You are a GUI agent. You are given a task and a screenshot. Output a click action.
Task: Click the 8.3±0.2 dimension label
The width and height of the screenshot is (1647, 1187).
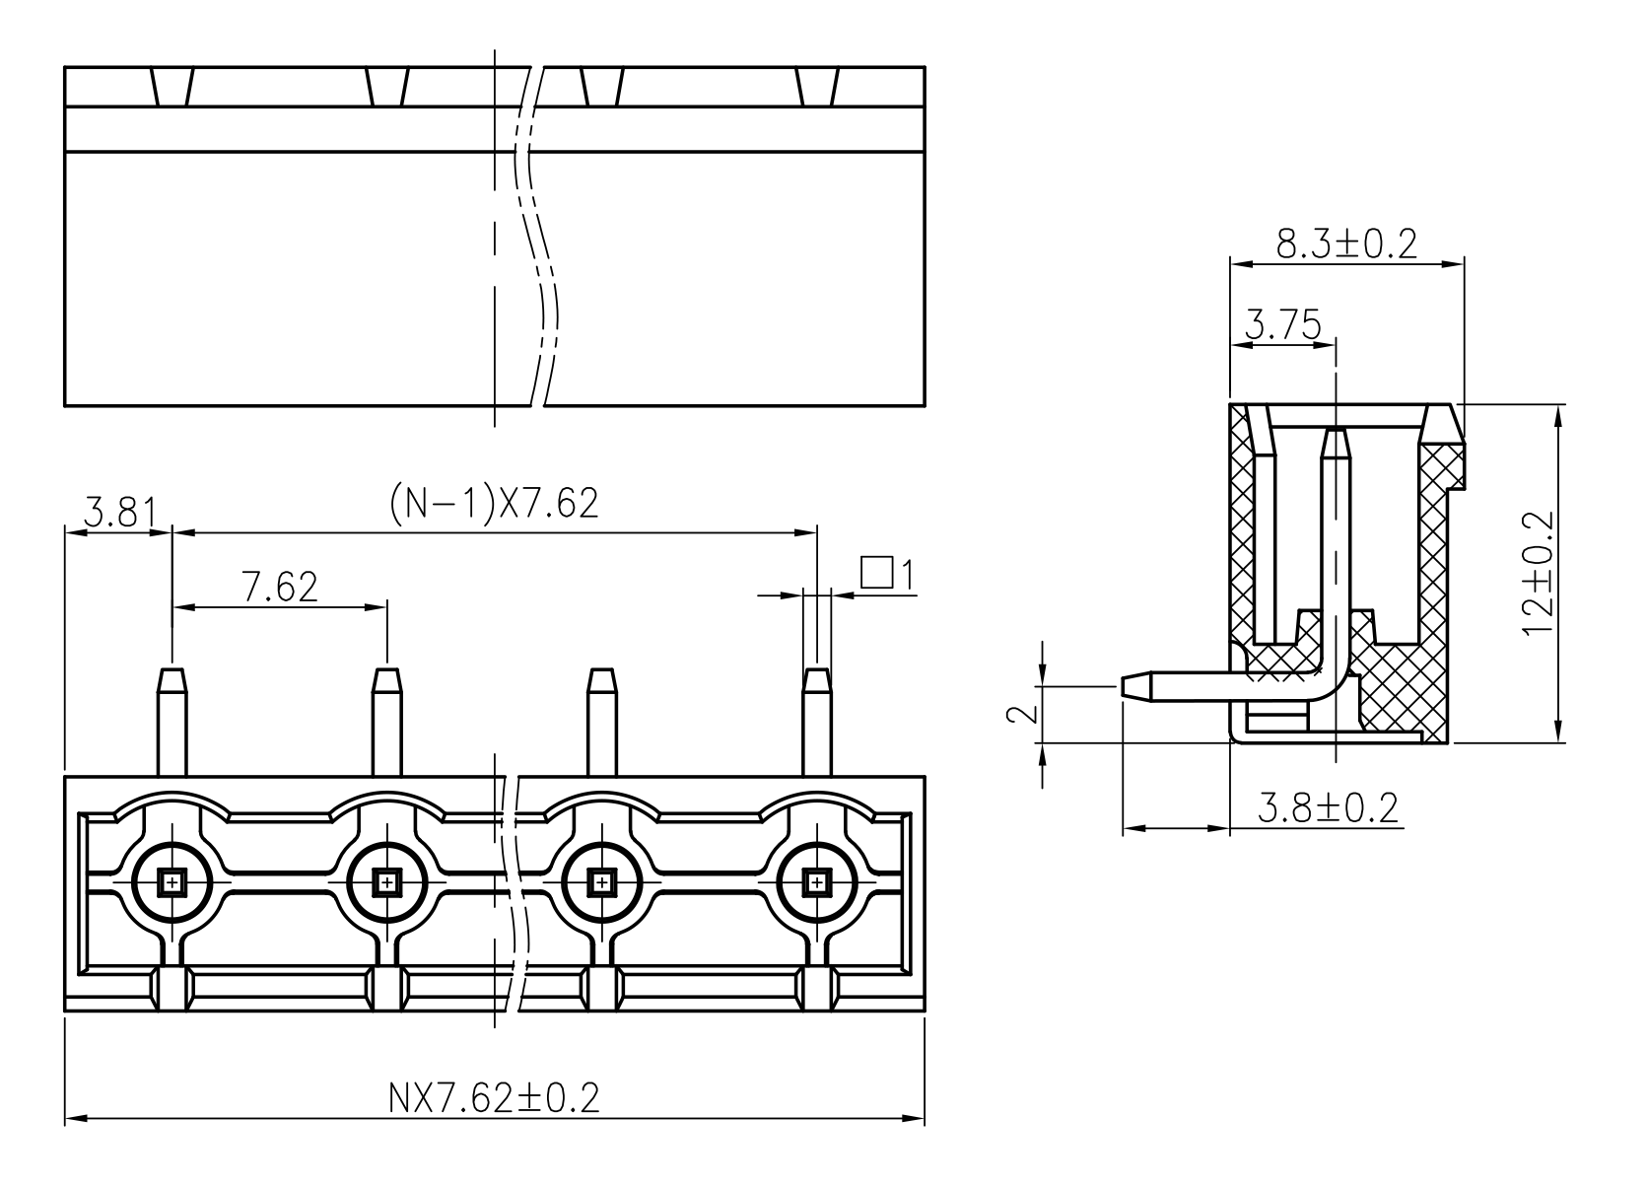(1346, 244)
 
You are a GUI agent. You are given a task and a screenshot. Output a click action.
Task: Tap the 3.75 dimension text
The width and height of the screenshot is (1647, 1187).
(1283, 324)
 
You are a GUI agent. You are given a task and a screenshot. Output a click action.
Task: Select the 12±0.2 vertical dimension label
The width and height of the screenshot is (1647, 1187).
(1539, 573)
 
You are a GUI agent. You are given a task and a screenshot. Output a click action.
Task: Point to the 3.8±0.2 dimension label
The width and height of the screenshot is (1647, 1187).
(1328, 807)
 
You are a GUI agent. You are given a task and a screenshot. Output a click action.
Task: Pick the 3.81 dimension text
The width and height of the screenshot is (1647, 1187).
(120, 512)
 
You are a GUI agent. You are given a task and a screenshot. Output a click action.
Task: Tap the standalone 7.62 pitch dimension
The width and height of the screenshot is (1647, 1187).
(279, 587)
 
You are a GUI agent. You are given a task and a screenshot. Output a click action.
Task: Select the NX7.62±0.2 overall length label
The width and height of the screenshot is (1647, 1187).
(494, 1098)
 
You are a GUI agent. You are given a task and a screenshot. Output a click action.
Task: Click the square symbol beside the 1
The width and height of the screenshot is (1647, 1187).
(876, 572)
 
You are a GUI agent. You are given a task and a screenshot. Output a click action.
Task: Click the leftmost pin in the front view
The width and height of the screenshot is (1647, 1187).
(172, 722)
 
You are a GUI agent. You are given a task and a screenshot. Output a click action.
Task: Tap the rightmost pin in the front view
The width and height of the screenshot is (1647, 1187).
(816, 722)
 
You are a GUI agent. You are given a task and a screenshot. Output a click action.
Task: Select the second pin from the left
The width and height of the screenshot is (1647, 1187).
(386, 722)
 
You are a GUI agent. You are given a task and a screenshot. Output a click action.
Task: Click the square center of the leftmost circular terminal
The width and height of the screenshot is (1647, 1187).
(172, 881)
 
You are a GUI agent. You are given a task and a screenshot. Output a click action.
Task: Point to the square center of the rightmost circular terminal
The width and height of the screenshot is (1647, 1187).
(816, 881)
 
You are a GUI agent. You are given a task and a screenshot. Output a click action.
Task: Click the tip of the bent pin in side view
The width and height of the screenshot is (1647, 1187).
(1124, 687)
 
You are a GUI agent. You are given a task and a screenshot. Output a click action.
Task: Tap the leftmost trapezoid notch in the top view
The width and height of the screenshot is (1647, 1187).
(172, 87)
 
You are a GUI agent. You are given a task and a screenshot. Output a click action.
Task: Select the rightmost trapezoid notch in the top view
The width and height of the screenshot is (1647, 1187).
(817, 87)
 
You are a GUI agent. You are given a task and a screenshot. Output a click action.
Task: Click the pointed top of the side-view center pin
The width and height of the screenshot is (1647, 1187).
(1336, 430)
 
